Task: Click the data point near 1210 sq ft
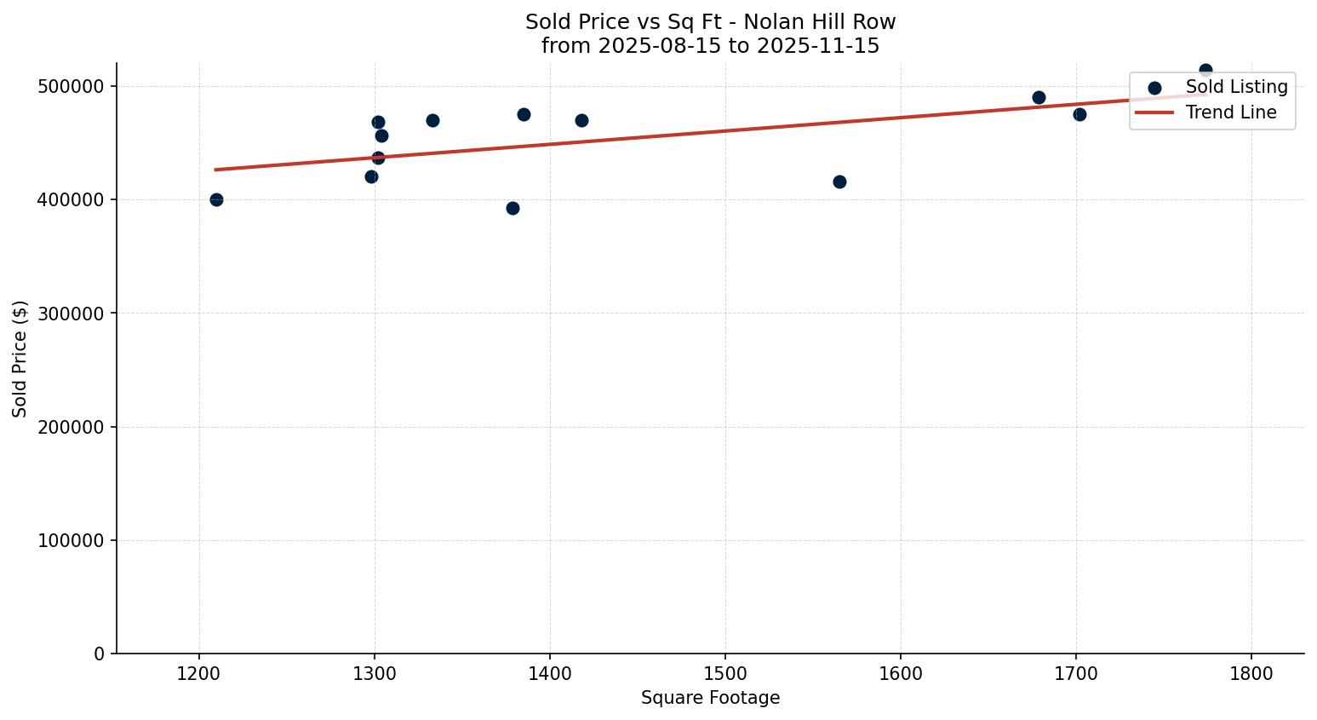tap(216, 199)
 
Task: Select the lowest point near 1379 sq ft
tap(512, 208)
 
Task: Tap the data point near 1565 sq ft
tap(839, 181)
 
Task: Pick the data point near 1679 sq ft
tap(1039, 97)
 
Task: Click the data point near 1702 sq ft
tap(1079, 114)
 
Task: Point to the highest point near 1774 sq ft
tap(1205, 70)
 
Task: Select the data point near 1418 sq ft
tap(581, 120)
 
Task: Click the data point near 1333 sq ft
tap(432, 120)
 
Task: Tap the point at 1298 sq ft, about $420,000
tap(371, 176)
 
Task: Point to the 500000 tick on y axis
tap(72, 86)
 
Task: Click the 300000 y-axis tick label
tap(72, 314)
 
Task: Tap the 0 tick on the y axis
tap(100, 654)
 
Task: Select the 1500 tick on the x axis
tap(725, 674)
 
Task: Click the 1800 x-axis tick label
tap(1251, 674)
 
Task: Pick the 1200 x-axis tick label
tap(199, 674)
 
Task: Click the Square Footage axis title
tap(710, 698)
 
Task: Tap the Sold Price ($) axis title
tap(20, 359)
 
